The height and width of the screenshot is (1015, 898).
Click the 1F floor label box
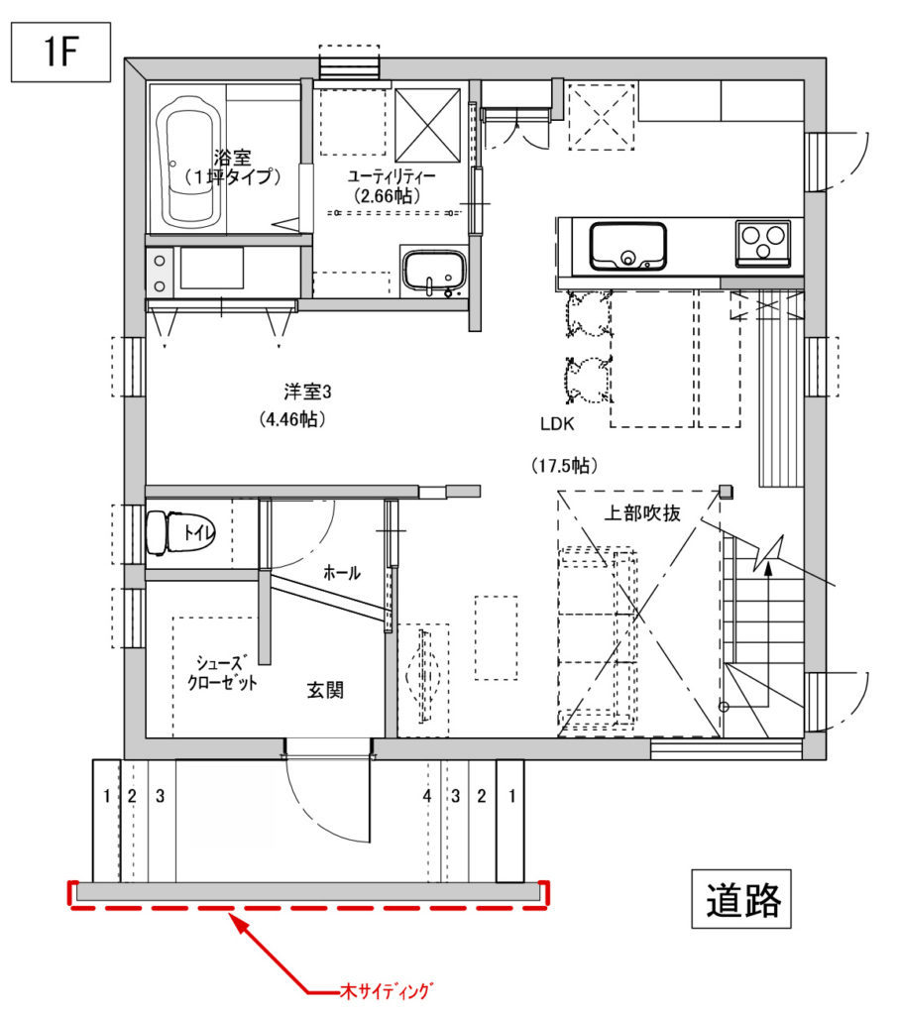[60, 52]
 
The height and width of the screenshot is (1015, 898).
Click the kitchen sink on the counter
[627, 246]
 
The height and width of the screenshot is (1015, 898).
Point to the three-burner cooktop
[762, 244]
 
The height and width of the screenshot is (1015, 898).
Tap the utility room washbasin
[433, 272]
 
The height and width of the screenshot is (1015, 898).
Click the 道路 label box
[740, 898]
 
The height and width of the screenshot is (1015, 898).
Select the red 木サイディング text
[386, 991]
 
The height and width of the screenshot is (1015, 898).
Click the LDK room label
[557, 424]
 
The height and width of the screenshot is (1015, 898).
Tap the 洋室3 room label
[307, 392]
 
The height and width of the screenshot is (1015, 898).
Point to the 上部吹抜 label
[642, 513]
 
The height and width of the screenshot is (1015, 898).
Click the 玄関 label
[325, 690]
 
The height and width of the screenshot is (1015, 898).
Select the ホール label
[341, 572]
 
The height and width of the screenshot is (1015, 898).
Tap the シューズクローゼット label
[222, 673]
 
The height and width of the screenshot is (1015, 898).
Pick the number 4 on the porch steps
[427, 796]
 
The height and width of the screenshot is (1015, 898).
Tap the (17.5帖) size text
[564, 466]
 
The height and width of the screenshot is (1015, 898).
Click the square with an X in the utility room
[427, 125]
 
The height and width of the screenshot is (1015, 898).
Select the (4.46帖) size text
[292, 419]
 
